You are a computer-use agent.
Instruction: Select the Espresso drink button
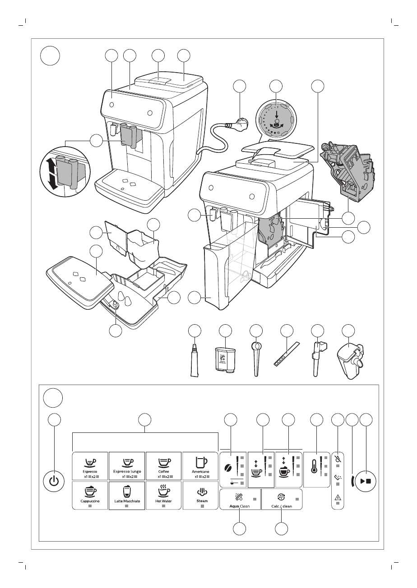point(90,465)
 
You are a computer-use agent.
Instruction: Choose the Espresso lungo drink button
point(127,465)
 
